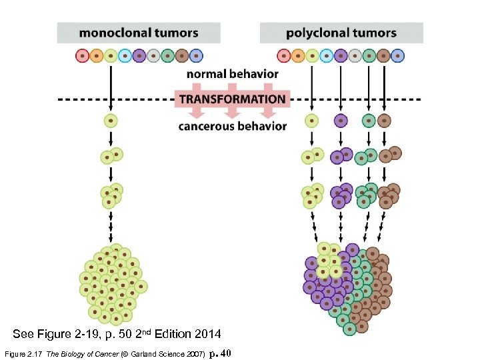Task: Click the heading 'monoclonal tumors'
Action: [139, 33]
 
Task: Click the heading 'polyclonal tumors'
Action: [341, 33]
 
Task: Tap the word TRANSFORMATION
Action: [232, 99]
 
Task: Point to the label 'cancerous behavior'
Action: [232, 126]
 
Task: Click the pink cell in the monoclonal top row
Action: [82, 56]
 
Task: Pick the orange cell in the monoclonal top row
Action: [97, 56]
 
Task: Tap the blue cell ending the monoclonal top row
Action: [197, 56]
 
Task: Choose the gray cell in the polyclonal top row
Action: [355, 56]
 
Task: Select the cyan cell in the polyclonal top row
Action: [327, 56]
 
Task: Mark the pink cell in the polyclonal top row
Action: [284, 56]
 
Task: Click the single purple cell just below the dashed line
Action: [341, 121]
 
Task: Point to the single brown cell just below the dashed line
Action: [384, 121]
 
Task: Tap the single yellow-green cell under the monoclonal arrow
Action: [111, 121]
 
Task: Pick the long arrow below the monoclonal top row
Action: [111, 87]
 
